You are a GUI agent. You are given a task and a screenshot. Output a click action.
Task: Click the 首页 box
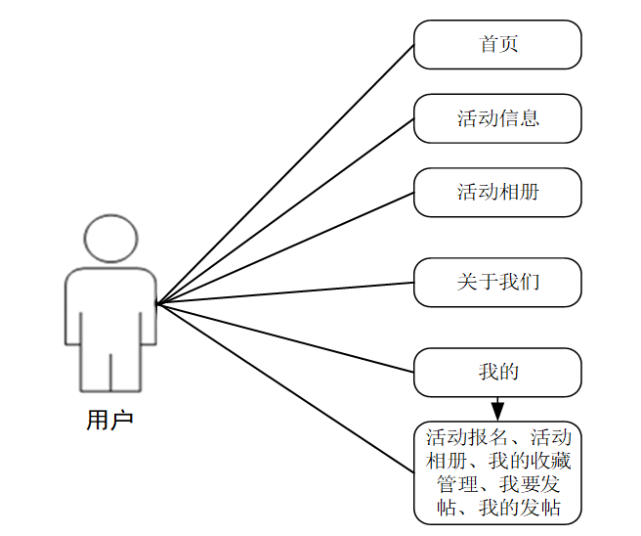point(497,45)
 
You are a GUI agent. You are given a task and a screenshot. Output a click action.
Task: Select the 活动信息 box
point(497,119)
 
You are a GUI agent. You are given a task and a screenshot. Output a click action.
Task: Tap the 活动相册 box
point(497,193)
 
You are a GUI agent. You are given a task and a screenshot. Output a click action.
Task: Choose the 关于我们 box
point(497,283)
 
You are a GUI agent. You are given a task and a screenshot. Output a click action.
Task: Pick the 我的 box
point(497,373)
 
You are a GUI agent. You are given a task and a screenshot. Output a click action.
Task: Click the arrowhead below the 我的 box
point(497,408)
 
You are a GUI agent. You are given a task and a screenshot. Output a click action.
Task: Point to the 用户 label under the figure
point(109,422)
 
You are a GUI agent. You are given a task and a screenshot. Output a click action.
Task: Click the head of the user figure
point(109,239)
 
